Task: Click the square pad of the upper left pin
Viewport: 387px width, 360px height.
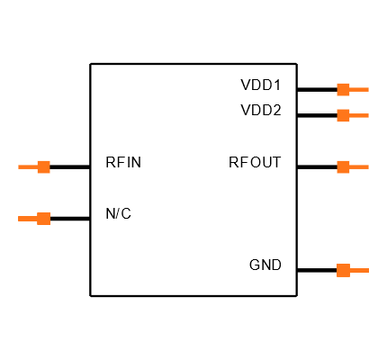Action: click(x=43, y=166)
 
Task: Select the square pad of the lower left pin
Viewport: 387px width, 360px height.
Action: click(x=43, y=219)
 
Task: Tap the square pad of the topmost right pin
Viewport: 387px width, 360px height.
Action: click(x=343, y=89)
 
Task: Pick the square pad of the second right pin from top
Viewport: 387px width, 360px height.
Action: click(x=343, y=115)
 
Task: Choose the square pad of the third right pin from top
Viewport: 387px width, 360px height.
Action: click(x=343, y=166)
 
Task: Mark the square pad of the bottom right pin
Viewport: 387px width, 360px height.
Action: click(x=343, y=270)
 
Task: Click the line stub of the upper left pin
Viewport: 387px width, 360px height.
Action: click(x=28, y=166)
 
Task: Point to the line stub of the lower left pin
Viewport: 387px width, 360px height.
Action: click(x=28, y=219)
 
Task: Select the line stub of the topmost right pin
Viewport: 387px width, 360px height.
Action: click(x=359, y=89)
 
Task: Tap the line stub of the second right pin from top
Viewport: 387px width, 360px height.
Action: click(x=359, y=115)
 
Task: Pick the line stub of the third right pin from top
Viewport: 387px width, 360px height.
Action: click(x=359, y=166)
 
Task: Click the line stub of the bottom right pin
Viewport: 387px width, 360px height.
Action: click(x=359, y=270)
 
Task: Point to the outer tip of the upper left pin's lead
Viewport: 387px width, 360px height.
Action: click(x=19, y=166)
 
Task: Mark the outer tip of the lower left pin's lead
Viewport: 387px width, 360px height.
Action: click(x=19, y=219)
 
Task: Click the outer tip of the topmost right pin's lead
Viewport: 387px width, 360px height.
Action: click(x=368, y=89)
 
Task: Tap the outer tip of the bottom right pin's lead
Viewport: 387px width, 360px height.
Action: click(x=368, y=270)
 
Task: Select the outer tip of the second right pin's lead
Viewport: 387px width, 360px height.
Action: click(x=368, y=115)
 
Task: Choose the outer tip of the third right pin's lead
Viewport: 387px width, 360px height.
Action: click(x=368, y=166)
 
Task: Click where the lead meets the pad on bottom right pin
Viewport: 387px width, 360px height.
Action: click(x=350, y=270)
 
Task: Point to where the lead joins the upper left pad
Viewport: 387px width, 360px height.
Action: click(x=37, y=166)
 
